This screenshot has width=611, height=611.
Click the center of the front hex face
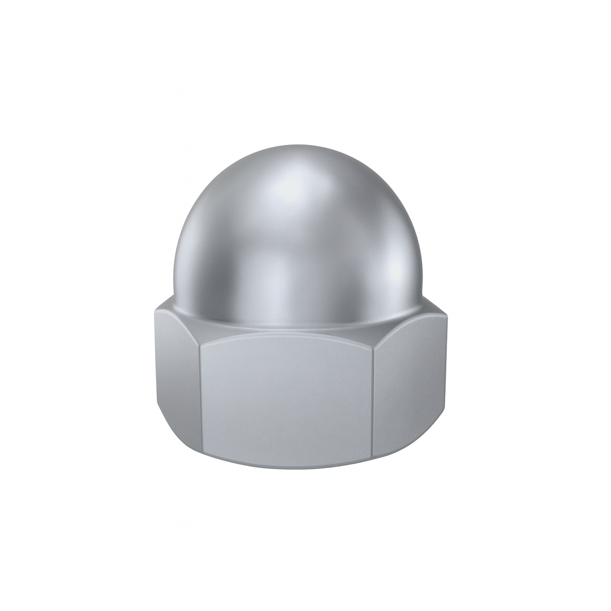tap(286, 397)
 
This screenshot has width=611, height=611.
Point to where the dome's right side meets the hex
tap(420, 302)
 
